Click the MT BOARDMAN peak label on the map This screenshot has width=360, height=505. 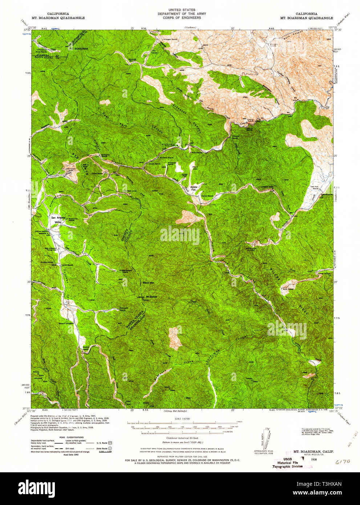click(78, 48)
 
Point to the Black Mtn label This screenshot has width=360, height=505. click(148, 282)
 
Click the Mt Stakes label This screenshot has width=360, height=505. click(151, 297)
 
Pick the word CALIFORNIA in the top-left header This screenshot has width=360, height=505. click(53, 13)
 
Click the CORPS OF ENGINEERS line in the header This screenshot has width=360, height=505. click(182, 18)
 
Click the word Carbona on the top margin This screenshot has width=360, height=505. click(190, 28)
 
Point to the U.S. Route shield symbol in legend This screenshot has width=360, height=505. click(109, 443)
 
